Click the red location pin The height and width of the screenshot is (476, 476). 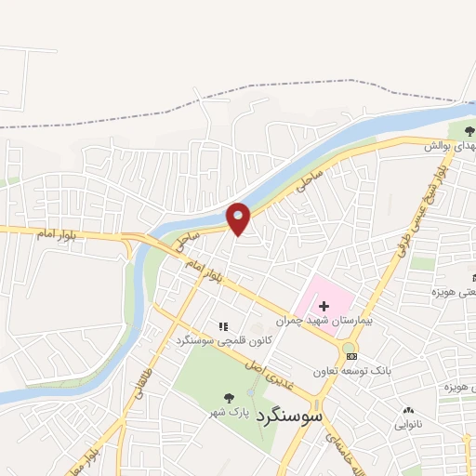pos(239,218)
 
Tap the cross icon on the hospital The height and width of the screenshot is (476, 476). pos(324,306)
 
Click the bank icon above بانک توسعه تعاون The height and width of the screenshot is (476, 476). pos(350,355)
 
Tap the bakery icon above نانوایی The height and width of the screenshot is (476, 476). pos(408,410)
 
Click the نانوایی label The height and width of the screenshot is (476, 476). pos(408,425)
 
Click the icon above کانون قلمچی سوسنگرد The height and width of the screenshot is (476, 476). pos(223,325)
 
